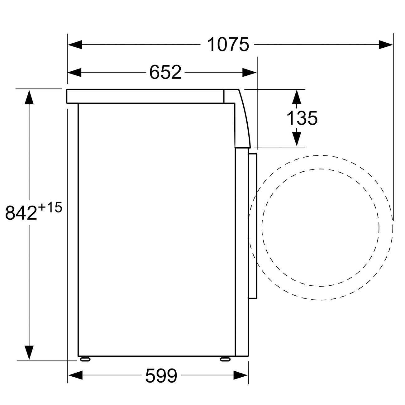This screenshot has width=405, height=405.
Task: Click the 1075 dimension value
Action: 228,45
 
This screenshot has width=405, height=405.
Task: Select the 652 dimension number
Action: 165,73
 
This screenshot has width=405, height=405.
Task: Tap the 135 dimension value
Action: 302,118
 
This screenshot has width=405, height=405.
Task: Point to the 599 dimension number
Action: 161,376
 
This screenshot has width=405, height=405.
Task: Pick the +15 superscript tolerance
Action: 50,207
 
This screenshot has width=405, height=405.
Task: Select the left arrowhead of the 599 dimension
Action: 75,375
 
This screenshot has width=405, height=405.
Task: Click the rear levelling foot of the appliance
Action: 85,359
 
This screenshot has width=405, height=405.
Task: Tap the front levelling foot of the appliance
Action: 225,359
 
